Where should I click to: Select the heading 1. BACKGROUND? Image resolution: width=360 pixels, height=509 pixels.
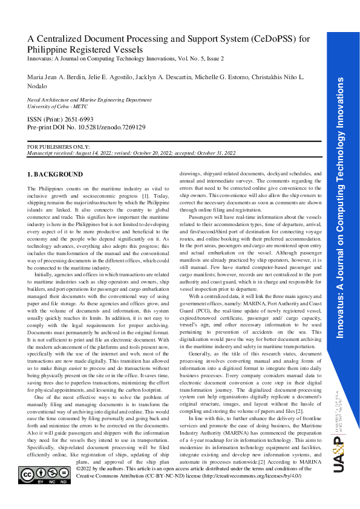coord(56,175)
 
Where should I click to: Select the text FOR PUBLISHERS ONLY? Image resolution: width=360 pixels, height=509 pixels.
coord(59,147)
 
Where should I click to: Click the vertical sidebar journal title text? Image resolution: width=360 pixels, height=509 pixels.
coord(340,218)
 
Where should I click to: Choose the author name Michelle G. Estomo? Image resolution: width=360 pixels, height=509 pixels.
coord(232,78)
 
